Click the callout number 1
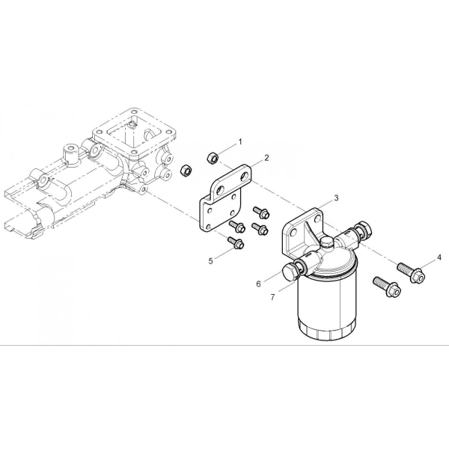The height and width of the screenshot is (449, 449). click(x=240, y=141)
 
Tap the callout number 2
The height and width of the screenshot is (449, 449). click(x=266, y=158)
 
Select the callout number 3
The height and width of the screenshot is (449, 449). click(x=336, y=198)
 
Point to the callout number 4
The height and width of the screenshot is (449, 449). click(x=439, y=257)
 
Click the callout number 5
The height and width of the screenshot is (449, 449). click(x=211, y=261)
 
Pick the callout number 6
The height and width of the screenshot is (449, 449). click(x=259, y=284)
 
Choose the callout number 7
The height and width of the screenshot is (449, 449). click(x=272, y=297)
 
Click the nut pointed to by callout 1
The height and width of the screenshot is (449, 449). click(x=213, y=158)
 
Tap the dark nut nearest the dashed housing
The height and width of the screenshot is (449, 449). click(x=186, y=171)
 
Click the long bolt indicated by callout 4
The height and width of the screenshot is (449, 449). click(x=411, y=271)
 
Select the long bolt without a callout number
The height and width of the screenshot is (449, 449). click(x=387, y=287)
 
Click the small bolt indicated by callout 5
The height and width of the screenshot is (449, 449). click(x=236, y=242)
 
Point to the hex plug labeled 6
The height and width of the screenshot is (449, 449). click(x=290, y=272)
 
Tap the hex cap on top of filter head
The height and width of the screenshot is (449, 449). click(x=326, y=242)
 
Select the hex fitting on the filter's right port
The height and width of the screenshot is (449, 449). click(x=364, y=228)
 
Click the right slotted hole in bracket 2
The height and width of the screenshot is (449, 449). click(x=245, y=176)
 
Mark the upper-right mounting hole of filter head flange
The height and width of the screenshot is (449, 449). click(x=317, y=219)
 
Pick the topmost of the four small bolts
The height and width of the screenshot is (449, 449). click(x=261, y=212)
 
